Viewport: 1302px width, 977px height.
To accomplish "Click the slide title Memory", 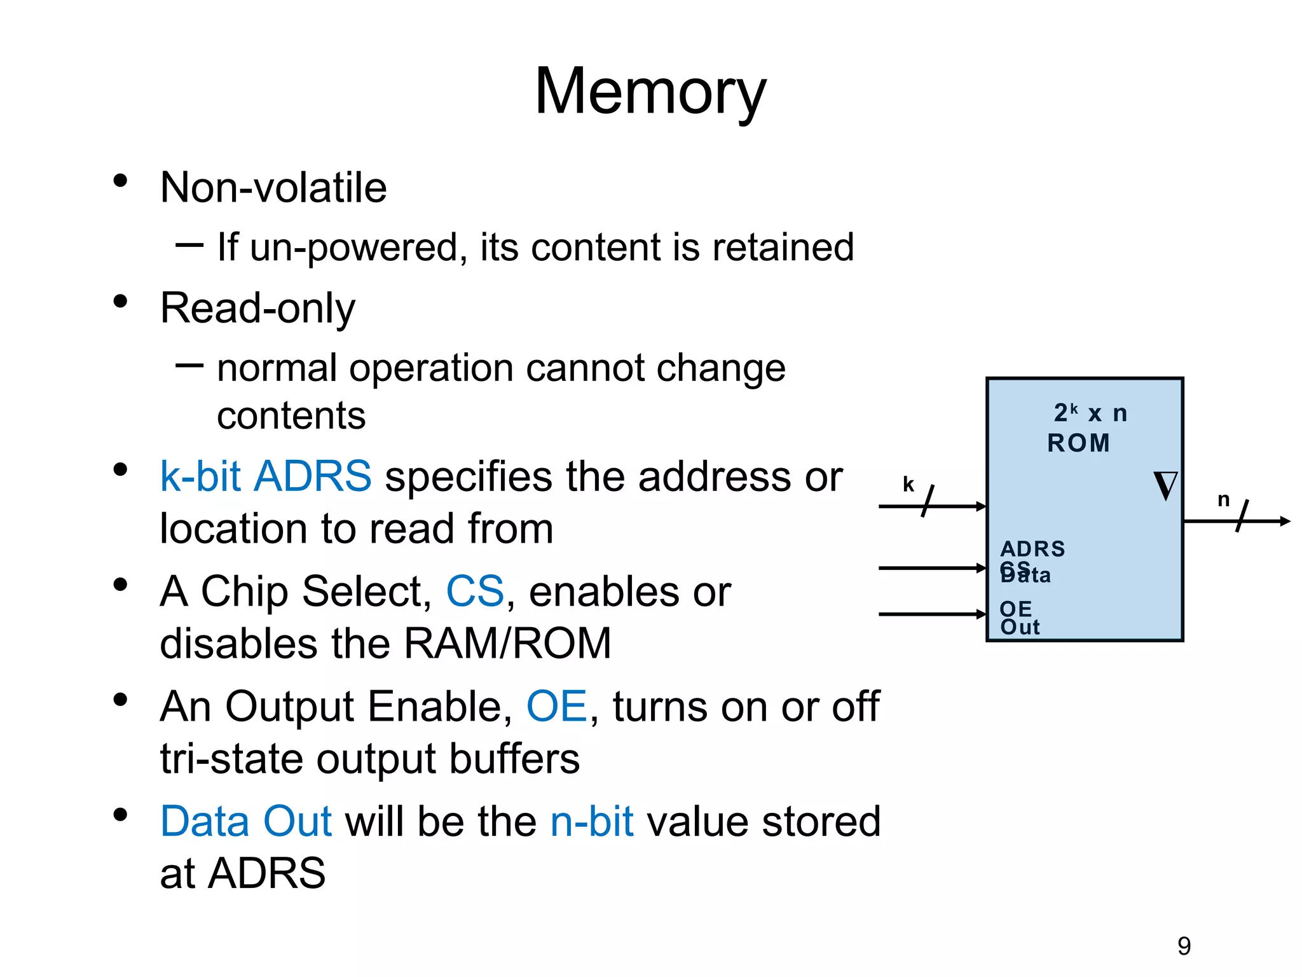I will coord(650,92).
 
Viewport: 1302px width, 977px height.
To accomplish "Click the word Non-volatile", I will coord(273,188).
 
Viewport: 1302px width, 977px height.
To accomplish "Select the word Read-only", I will coord(257,308).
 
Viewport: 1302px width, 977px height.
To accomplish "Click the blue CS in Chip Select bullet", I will coord(475,592).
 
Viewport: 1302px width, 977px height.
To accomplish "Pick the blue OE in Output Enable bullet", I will coord(556,707).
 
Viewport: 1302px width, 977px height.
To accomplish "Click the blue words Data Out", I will coord(246,821).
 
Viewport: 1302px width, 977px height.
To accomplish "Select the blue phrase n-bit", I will coord(591,821).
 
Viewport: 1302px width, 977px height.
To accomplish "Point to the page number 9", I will coord(1184,946).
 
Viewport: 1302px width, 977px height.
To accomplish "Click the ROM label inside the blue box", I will coord(1079,443).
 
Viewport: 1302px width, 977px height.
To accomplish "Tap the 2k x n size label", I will coord(1090,413).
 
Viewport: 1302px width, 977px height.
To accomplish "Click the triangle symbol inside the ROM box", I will coord(1165,486).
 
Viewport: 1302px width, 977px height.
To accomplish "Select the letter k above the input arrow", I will coord(908,485).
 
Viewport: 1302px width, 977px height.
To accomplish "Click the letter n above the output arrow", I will coord(1223,500).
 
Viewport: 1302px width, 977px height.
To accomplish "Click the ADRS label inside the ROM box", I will coord(1032,548).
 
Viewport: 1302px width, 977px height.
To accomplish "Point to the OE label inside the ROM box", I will coord(1015,609).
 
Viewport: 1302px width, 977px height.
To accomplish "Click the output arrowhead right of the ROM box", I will coord(1285,522).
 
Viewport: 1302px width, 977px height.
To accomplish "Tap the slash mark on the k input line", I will coord(928,501).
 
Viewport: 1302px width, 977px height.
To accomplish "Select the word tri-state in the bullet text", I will coord(231,759).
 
